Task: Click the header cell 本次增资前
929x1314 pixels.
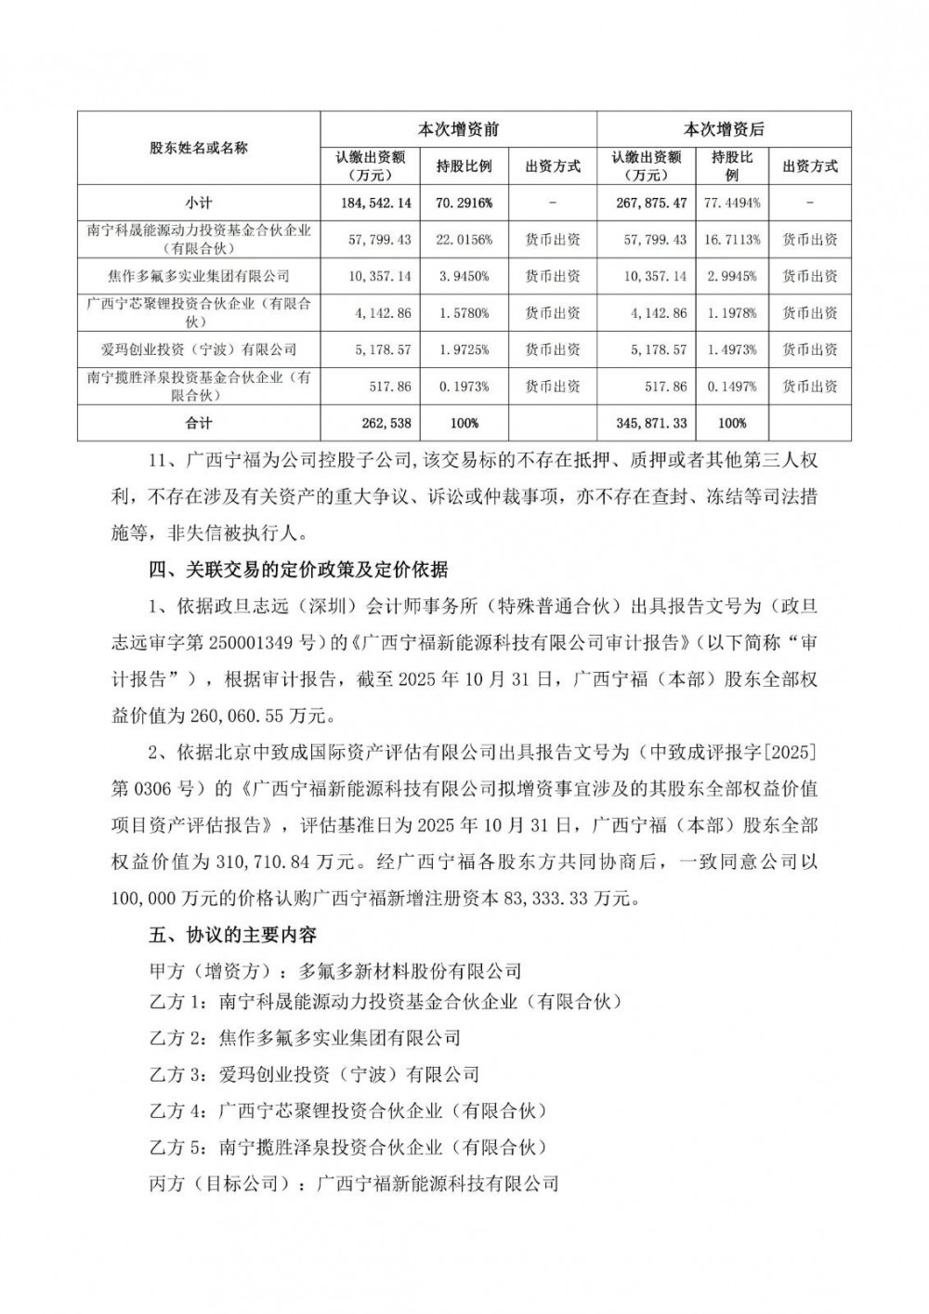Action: pos(458,130)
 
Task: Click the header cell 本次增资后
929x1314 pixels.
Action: pos(724,130)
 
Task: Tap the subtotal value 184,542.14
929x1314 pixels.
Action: pos(370,203)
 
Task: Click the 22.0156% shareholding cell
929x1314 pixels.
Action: pos(464,240)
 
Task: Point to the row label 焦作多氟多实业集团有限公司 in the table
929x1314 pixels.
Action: pos(199,276)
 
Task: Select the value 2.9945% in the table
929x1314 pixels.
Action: pos(731,276)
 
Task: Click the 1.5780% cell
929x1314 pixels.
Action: pos(464,313)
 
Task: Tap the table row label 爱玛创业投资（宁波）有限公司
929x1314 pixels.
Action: pos(199,349)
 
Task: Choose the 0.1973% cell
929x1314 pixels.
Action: pos(464,387)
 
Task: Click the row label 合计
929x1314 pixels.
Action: pos(199,423)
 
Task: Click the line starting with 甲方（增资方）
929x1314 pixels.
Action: pos(335,972)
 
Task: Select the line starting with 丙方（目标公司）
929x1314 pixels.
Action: pos(354,1184)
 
